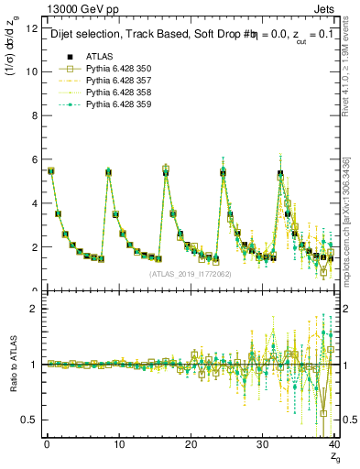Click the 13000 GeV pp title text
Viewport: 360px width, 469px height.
(80, 9)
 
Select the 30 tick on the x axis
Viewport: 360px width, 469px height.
(263, 443)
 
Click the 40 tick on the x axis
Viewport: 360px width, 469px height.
(334, 443)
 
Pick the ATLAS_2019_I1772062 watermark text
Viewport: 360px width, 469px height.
(191, 273)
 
